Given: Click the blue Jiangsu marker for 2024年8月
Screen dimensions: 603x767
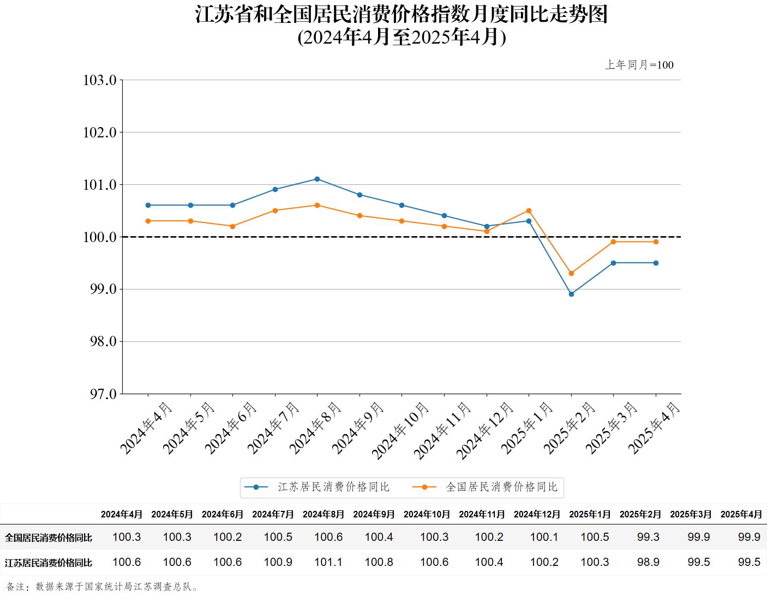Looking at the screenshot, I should click(317, 179).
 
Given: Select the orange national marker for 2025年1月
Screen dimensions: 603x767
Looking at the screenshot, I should click(529, 210).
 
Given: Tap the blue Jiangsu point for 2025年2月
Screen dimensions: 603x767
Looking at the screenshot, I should click(571, 294).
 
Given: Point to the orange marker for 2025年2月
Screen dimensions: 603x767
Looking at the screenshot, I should click(571, 273).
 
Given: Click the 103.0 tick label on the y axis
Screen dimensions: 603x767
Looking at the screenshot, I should click(100, 80).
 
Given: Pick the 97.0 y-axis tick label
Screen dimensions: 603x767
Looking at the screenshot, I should click(103, 394).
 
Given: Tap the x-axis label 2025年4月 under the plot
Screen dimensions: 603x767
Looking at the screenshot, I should click(654, 428).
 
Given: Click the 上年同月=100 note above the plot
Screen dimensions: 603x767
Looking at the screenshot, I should click(639, 65).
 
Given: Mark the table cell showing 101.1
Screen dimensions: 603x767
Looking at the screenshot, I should click(328, 562).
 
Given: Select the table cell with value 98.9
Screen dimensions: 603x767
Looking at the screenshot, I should click(648, 562).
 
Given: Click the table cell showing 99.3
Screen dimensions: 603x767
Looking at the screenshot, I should click(648, 537).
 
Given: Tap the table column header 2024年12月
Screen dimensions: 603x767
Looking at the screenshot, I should click(537, 514).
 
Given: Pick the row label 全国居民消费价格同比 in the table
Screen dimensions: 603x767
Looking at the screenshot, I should click(49, 538).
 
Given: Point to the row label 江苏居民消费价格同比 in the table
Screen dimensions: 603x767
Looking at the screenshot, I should click(49, 563).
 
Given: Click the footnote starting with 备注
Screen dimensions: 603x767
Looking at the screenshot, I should click(103, 587).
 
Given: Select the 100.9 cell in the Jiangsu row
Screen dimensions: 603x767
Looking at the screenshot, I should click(278, 562).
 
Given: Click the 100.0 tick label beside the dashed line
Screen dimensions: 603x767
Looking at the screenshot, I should click(100, 237).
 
